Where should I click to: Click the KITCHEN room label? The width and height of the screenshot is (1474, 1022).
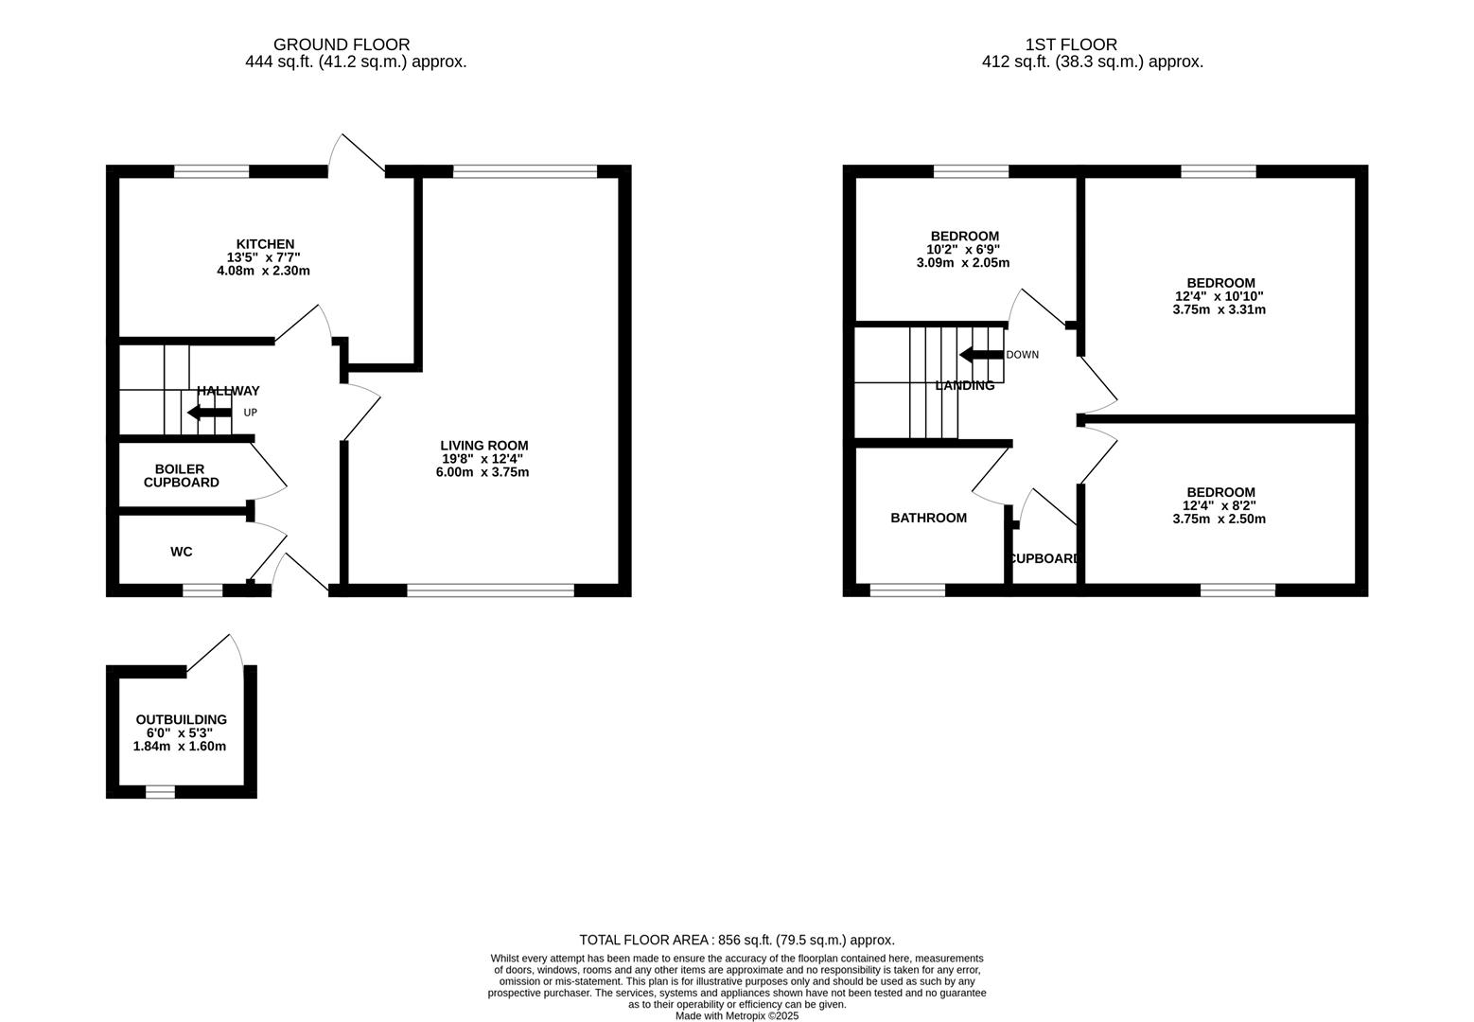(x=265, y=244)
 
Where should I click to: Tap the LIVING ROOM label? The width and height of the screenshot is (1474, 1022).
(x=483, y=446)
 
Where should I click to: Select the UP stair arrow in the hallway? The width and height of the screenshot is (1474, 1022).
(x=209, y=413)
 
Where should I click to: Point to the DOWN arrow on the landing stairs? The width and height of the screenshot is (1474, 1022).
(x=981, y=355)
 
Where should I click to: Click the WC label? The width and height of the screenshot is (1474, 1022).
(x=181, y=552)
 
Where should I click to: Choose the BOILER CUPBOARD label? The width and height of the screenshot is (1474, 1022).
(x=181, y=476)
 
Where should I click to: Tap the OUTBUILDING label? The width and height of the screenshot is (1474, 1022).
(x=181, y=719)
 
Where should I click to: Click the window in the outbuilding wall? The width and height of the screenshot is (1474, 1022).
(x=160, y=792)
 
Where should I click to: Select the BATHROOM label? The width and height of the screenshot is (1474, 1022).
(x=928, y=518)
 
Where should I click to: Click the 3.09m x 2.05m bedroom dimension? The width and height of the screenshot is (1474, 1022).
(x=963, y=262)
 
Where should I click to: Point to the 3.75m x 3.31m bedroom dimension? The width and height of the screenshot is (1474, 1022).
(x=1219, y=309)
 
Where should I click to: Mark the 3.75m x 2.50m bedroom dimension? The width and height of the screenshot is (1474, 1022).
(x=1219, y=519)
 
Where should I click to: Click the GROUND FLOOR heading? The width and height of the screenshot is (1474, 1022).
(x=342, y=44)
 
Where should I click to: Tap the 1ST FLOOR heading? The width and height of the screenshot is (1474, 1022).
(x=1071, y=44)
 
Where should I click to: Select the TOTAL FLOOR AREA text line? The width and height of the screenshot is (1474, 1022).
(x=737, y=940)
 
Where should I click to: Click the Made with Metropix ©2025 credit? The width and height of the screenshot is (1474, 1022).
(x=737, y=1015)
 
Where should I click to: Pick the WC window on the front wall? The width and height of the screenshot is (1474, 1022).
(x=202, y=590)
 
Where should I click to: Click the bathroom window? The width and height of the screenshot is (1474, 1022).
(x=907, y=590)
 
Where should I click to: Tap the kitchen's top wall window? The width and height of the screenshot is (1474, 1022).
(x=212, y=172)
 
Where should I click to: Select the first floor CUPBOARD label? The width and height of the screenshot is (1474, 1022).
(x=1044, y=558)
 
